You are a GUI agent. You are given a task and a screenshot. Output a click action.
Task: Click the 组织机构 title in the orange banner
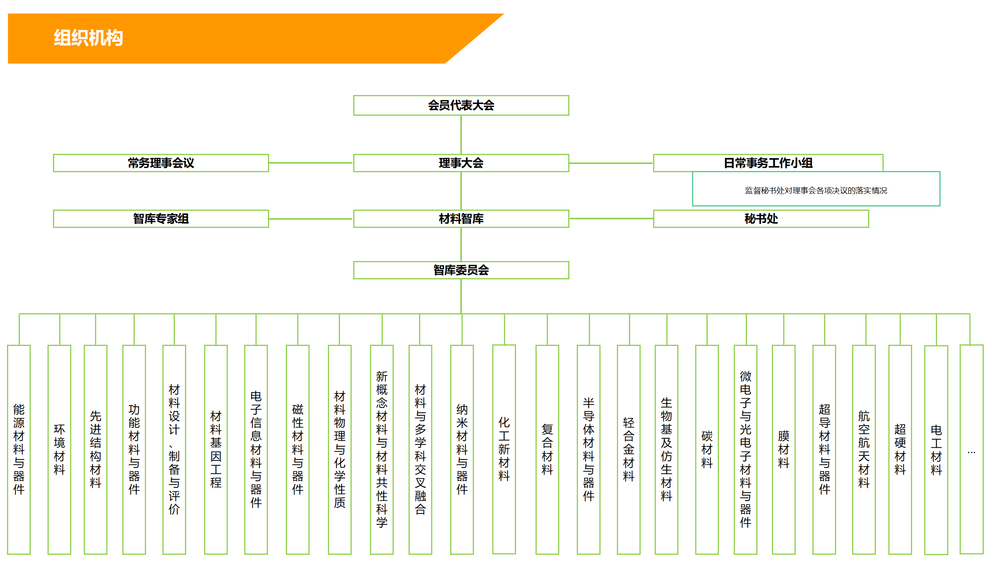[88, 38]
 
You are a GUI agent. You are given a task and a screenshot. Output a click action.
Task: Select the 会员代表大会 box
[461, 105]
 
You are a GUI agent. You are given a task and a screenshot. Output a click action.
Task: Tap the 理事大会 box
[461, 163]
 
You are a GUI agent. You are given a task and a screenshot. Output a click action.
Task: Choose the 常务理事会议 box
[161, 163]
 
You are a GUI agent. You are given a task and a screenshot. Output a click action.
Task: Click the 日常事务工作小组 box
[768, 163]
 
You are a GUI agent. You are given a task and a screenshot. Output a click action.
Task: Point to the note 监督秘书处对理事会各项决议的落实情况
[816, 191]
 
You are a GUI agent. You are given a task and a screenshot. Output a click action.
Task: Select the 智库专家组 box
[161, 219]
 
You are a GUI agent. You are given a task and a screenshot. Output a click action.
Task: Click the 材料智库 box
[461, 219]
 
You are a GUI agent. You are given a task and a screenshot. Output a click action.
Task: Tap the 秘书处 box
[761, 219]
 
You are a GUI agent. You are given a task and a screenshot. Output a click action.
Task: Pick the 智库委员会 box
[461, 270]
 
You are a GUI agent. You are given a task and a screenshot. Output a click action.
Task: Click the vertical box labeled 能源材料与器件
[19, 450]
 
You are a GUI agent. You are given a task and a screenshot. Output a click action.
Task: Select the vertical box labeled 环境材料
[59, 450]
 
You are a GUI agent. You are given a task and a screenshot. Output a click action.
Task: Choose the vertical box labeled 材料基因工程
[216, 450]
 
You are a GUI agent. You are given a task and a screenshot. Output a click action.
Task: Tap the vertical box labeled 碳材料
[707, 450]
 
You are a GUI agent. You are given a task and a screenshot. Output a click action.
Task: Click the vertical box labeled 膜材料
[784, 450]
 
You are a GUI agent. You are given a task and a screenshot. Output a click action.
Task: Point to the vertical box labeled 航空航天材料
[864, 450]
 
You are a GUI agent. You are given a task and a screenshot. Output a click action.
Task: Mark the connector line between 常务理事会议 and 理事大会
[311, 163]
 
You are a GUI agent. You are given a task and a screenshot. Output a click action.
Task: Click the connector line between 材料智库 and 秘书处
[611, 219]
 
